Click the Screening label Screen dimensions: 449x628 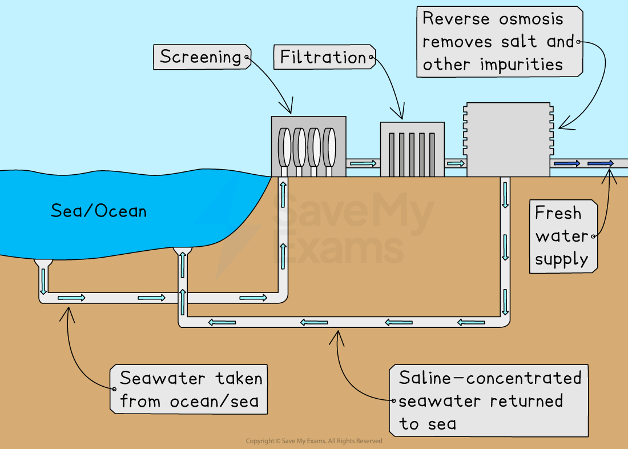(x=200, y=57)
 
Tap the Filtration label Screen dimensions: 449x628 (x=323, y=57)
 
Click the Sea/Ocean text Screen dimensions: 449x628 (x=99, y=211)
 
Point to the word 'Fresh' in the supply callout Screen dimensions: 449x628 (x=558, y=213)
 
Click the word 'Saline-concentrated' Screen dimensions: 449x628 (x=490, y=378)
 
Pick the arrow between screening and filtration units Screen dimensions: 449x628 (x=363, y=163)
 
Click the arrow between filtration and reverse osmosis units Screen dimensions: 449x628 (x=456, y=163)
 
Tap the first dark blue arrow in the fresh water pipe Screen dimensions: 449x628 (x=566, y=163)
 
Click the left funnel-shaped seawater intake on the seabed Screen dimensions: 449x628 (x=43, y=263)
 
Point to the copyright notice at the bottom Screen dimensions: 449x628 (x=314, y=441)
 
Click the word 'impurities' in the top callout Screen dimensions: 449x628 (x=521, y=65)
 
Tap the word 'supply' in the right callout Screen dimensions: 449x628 (x=561, y=259)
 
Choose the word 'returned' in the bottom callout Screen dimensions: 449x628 (x=526, y=400)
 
